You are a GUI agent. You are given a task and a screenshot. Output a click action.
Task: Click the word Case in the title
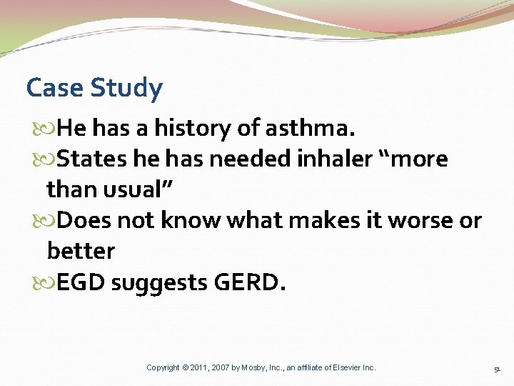(x=56, y=89)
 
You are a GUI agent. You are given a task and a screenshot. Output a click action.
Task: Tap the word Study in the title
(x=127, y=89)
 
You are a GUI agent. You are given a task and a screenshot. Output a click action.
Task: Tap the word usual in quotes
(x=142, y=190)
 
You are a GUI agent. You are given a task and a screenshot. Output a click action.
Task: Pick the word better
(x=81, y=252)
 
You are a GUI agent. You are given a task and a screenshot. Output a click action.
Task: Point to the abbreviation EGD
(x=81, y=282)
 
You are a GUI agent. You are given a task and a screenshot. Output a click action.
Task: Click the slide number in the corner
(x=497, y=369)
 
